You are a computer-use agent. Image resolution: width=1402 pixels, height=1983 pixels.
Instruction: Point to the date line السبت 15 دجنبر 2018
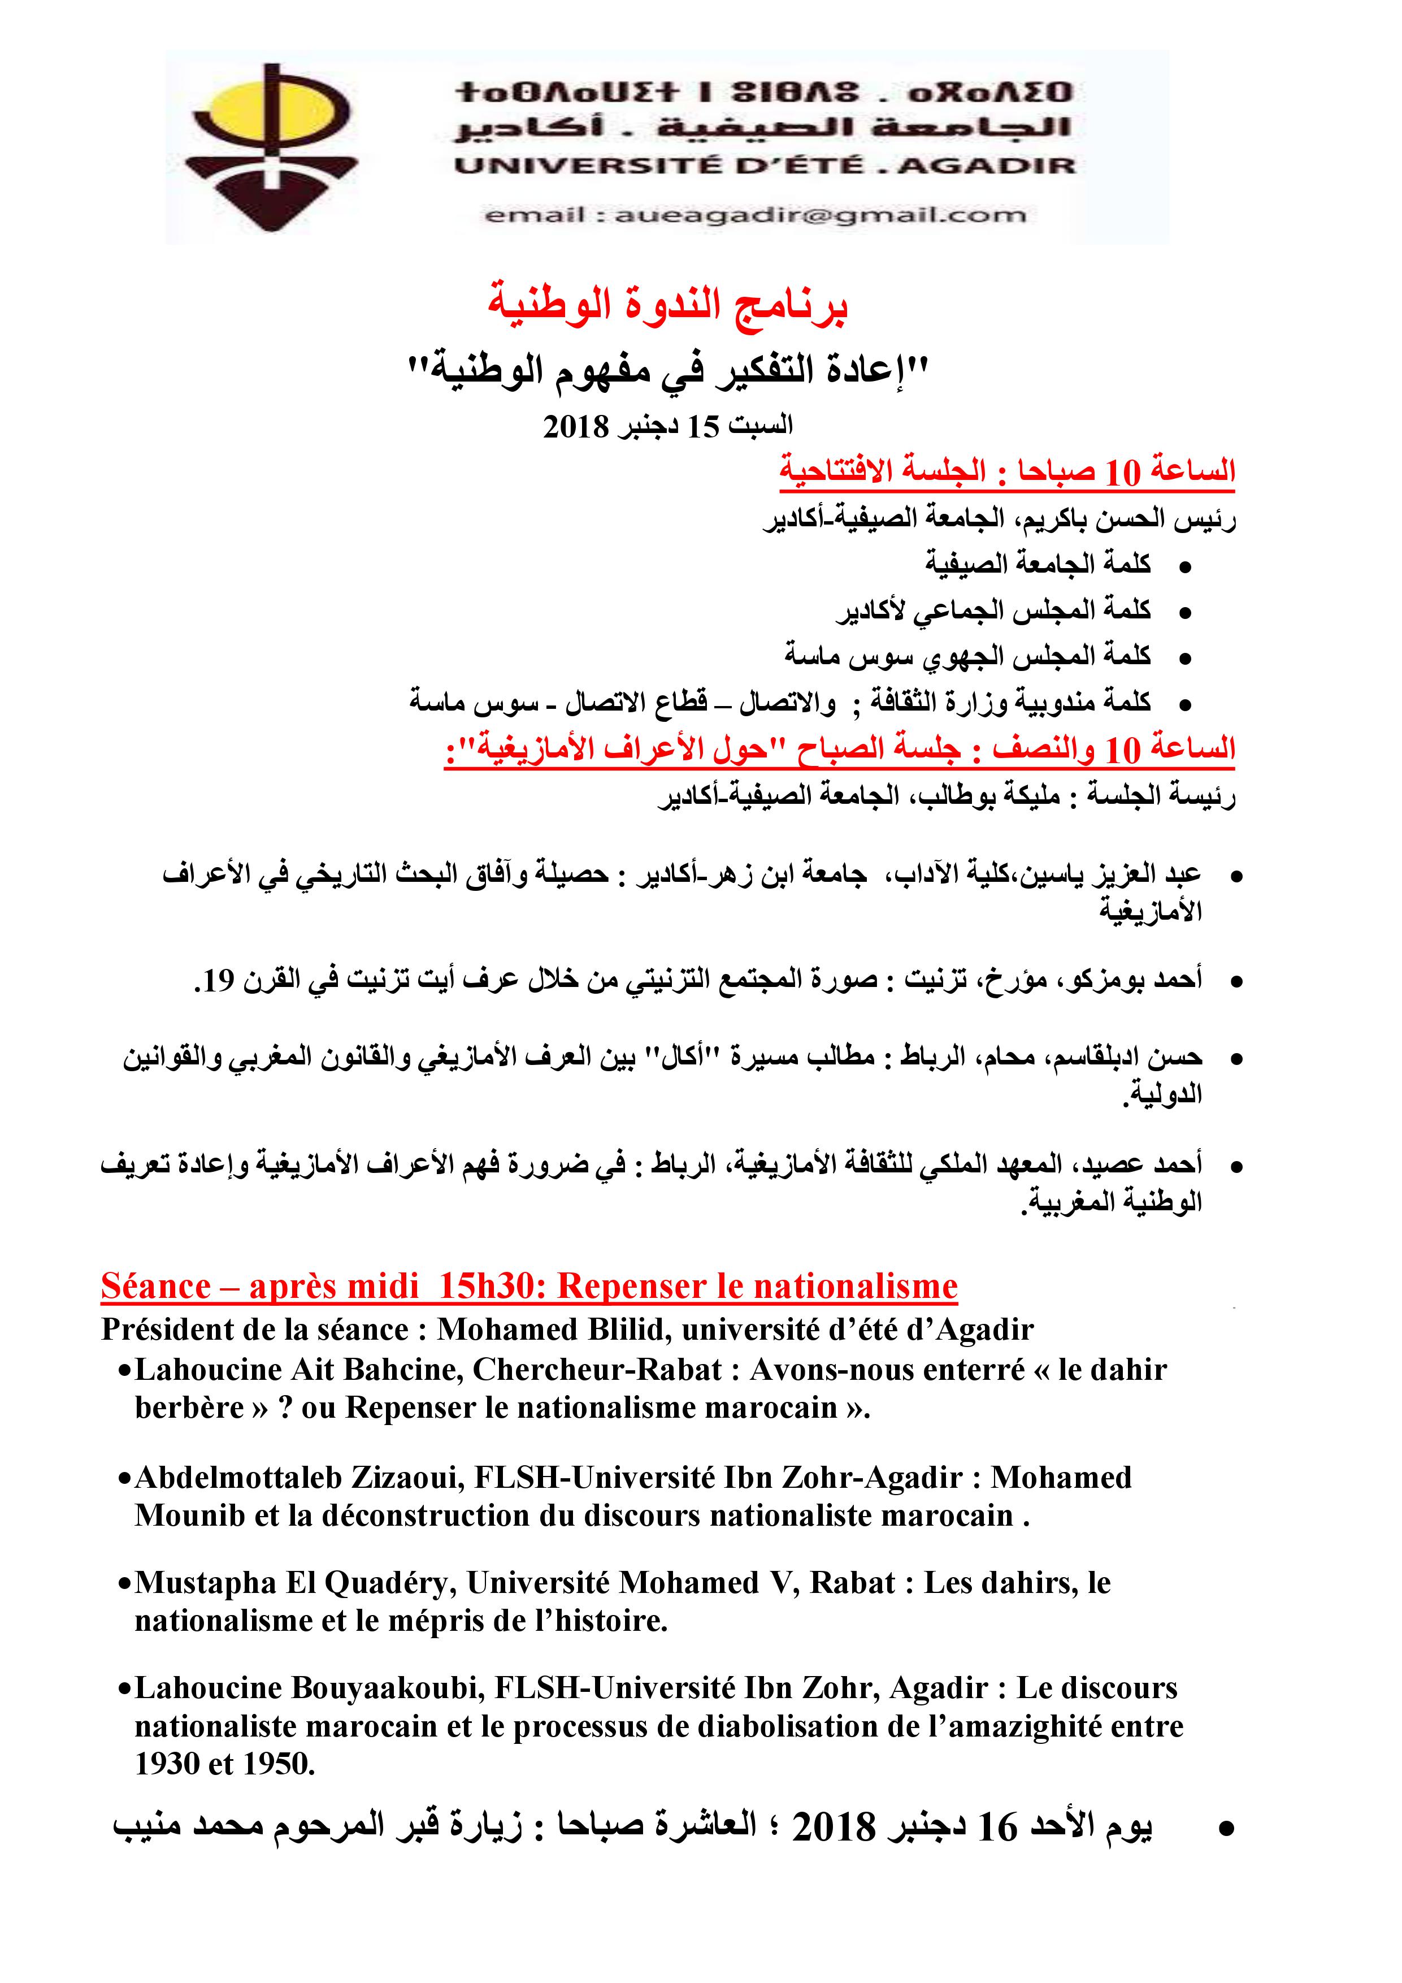click(x=667, y=426)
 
